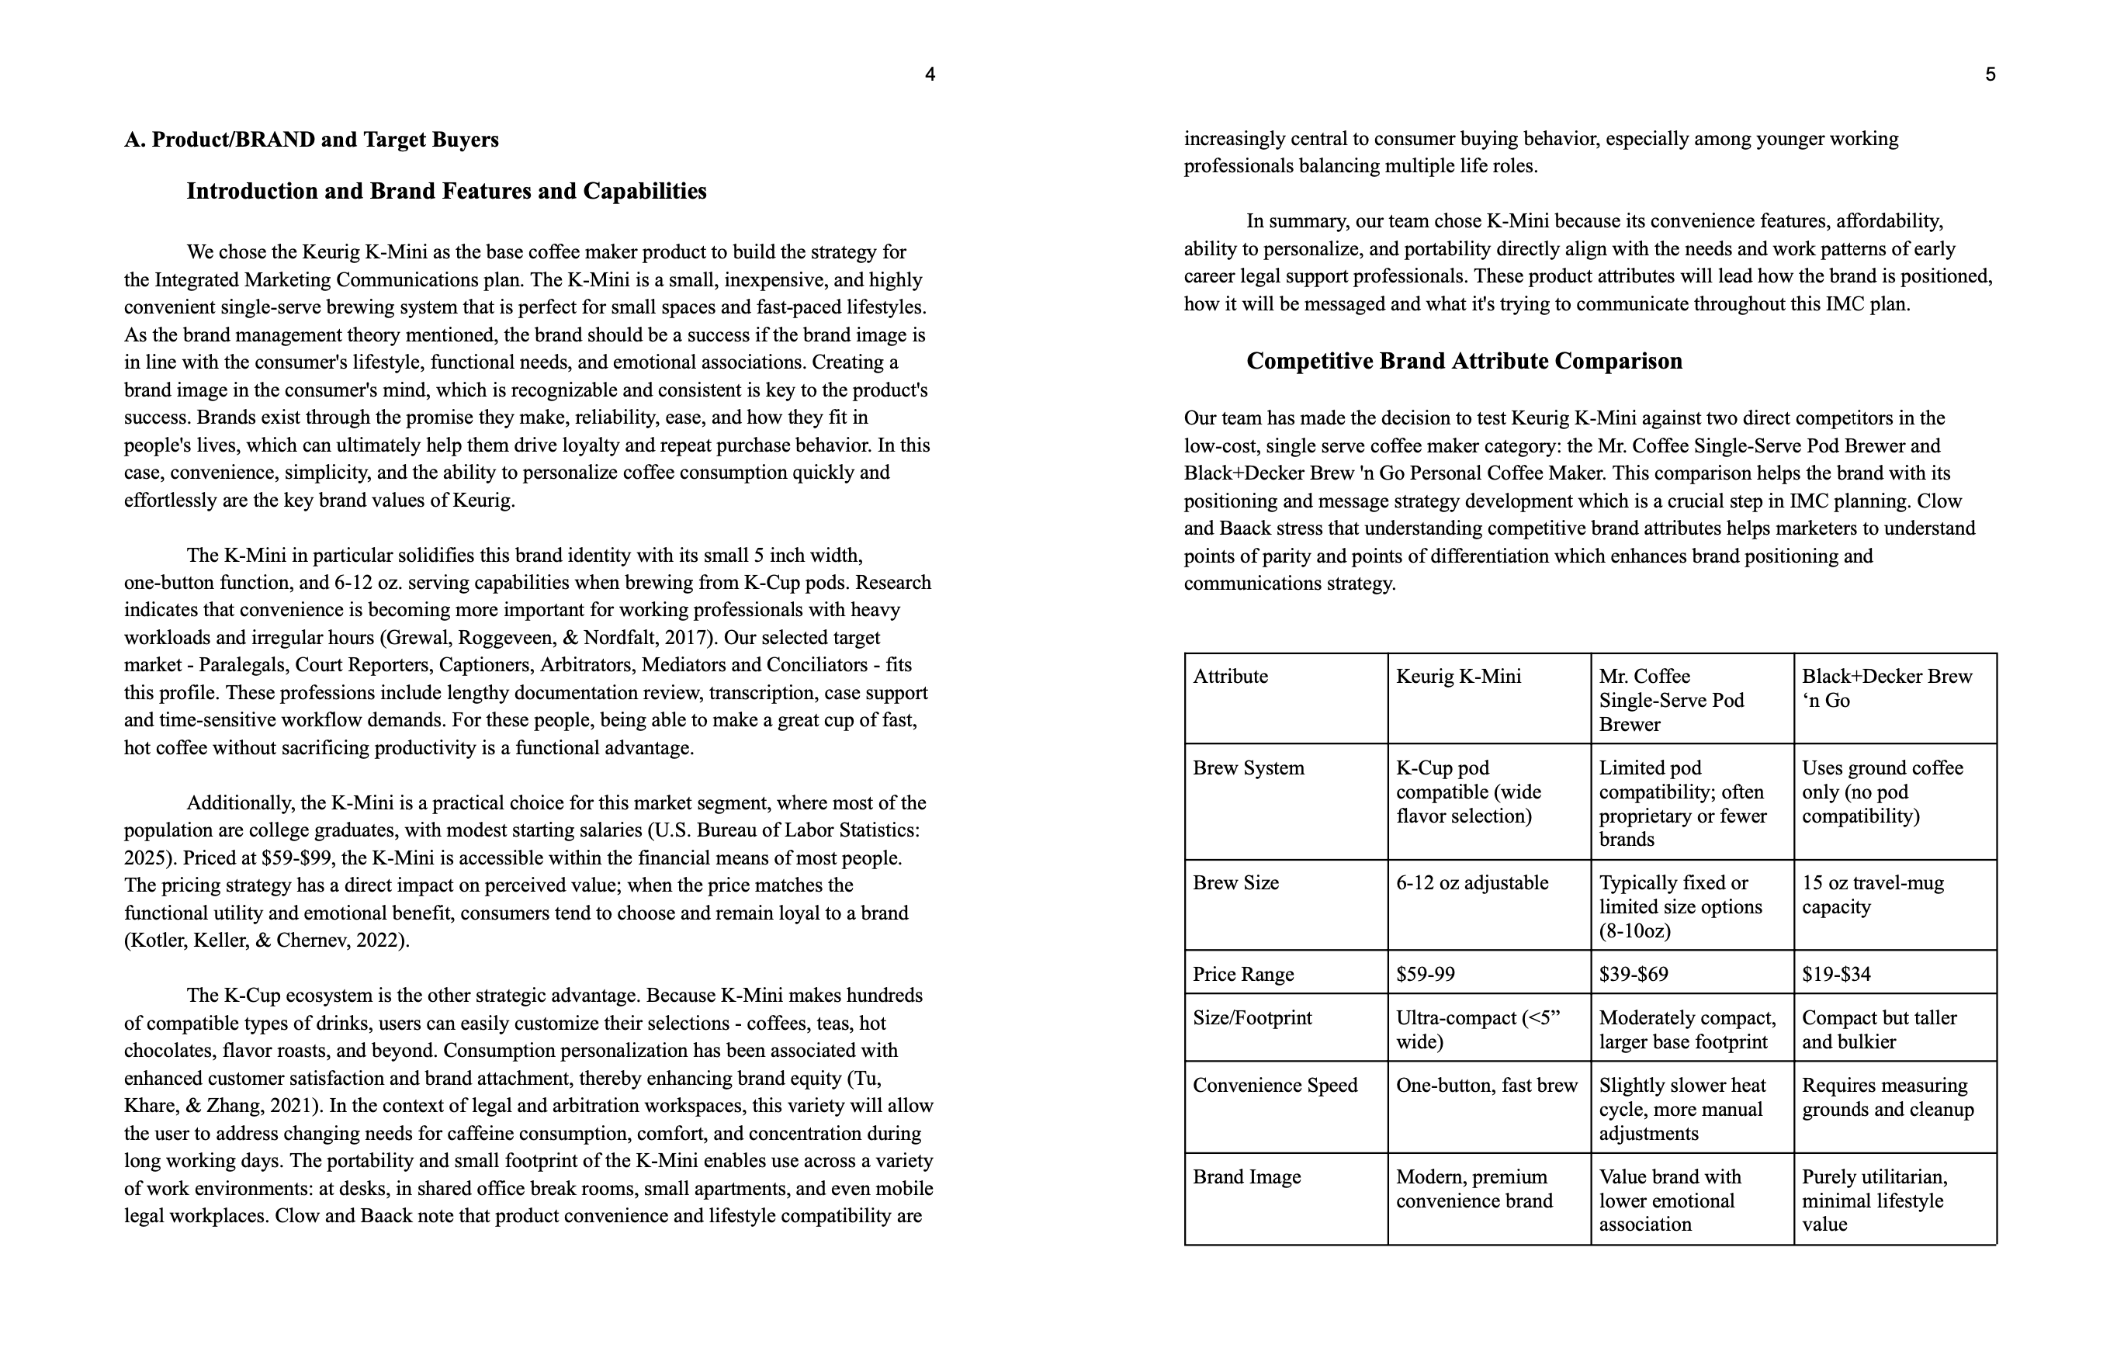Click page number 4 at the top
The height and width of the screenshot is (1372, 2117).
(930, 74)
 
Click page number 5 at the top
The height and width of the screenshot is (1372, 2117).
(1990, 74)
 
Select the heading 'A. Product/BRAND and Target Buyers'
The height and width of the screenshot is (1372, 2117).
(311, 140)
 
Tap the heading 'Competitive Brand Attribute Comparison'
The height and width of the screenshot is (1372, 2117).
(1464, 362)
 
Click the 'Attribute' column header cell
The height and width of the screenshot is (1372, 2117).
(1230, 676)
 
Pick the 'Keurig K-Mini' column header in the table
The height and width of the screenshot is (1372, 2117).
(1458, 676)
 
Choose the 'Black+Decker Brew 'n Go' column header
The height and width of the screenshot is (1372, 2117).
(1887, 688)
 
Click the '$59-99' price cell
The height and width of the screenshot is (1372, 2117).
(1425, 974)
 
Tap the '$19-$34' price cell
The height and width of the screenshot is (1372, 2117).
(1836, 974)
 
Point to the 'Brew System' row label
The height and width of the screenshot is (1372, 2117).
(1248, 767)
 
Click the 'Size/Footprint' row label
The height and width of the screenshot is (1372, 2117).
(1252, 1018)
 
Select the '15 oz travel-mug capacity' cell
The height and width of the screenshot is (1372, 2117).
(1873, 895)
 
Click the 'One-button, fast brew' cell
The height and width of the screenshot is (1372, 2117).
(1486, 1086)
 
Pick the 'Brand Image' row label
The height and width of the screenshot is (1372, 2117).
(1246, 1177)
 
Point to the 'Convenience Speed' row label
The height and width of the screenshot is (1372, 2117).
(1275, 1086)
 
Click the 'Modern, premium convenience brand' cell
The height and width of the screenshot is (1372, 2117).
(1474, 1189)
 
